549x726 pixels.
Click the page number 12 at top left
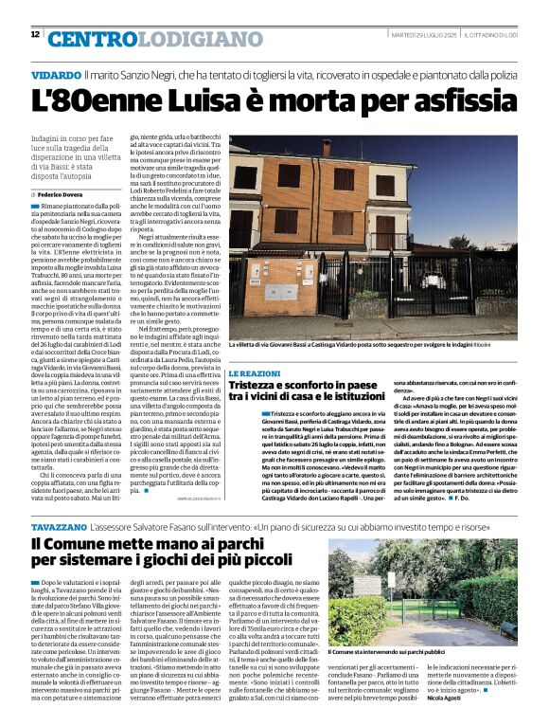click(x=36, y=34)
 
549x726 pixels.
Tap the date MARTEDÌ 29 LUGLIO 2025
click(x=424, y=35)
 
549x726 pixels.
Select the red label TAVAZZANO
click(x=63, y=524)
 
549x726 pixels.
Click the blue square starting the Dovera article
click(x=34, y=205)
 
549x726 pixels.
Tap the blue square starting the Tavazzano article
click(x=34, y=579)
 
